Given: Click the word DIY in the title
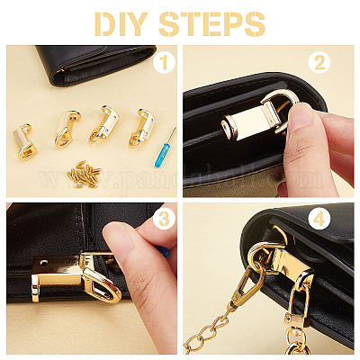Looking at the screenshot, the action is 121,23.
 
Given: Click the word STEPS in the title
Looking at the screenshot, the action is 211,24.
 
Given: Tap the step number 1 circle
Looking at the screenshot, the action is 164,63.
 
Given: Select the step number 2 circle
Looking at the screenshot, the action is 319,63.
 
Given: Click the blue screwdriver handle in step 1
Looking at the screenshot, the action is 162,155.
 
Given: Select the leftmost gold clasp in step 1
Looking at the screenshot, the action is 24,142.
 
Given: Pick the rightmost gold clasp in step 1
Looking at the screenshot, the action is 141,128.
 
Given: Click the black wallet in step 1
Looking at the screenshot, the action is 97,64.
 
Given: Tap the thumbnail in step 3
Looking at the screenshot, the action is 119,238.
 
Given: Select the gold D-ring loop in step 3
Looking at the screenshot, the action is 103,286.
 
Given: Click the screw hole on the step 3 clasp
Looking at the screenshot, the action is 44,262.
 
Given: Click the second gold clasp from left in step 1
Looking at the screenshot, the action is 67,129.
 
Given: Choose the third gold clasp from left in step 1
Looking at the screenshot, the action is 103,124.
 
